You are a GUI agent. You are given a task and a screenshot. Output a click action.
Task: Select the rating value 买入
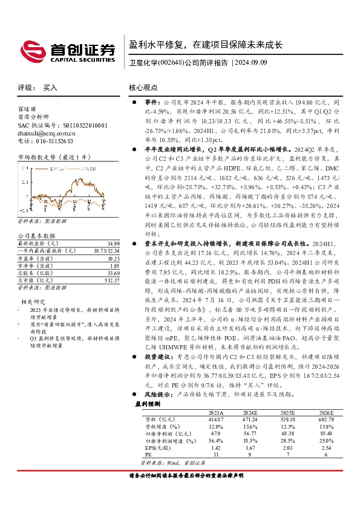(x=50, y=88)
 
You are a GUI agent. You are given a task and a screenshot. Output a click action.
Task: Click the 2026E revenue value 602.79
(x=326, y=420)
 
